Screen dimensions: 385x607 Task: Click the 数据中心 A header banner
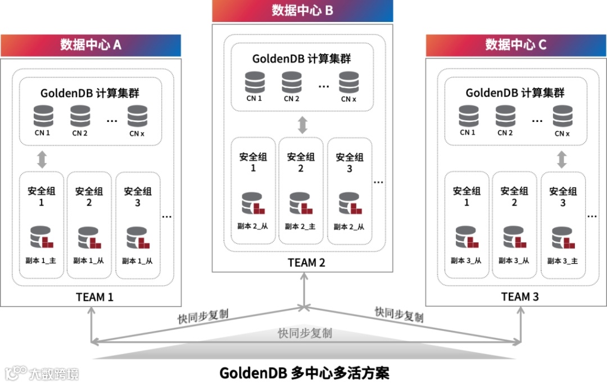tap(90, 45)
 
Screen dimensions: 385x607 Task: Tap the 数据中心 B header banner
tap(302, 11)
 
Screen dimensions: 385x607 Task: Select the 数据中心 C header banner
tap(516, 45)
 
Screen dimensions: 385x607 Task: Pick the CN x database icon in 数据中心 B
tap(348, 82)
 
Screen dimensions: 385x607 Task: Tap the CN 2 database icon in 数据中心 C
tap(505, 116)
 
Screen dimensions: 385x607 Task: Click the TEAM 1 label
tap(94, 297)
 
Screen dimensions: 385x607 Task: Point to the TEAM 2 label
tap(306, 262)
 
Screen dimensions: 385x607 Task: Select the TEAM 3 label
tap(520, 297)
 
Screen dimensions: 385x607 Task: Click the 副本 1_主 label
tap(41, 261)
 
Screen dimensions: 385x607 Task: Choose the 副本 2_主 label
tap(300, 227)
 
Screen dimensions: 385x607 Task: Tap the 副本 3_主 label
tap(562, 261)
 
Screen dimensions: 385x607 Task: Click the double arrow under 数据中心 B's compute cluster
tap(302, 124)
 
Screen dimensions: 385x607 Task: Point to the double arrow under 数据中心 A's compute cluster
tap(41, 158)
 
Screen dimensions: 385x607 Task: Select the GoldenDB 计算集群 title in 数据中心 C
tap(515, 93)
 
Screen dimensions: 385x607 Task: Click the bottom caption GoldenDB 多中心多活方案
tap(303, 373)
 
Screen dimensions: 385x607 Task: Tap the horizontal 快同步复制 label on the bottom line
tap(305, 333)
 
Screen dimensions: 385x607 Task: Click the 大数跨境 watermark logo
tap(42, 373)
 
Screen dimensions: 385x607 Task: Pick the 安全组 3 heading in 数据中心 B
tap(349, 162)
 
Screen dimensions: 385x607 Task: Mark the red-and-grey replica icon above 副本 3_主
tap(562, 238)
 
